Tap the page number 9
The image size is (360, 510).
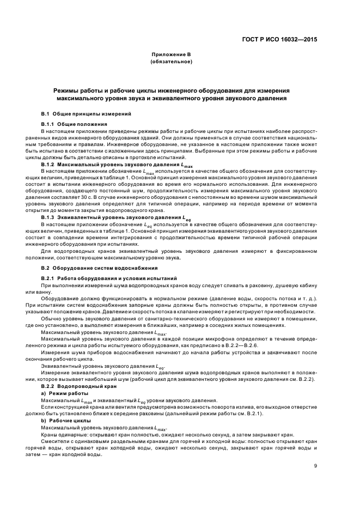click(316, 465)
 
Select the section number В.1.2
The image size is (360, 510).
click(48, 164)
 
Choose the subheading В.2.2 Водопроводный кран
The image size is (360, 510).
click(78, 385)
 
